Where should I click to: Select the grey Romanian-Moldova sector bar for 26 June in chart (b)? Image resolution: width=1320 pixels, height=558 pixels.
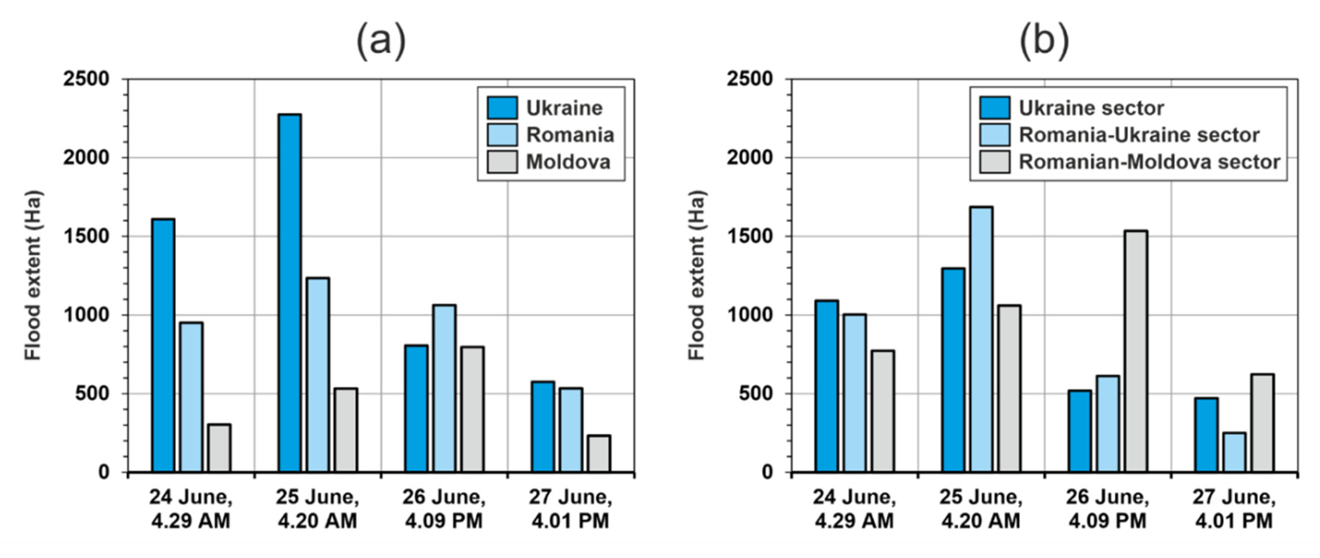click(x=1135, y=351)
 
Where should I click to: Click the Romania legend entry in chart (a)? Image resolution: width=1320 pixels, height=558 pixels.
click(x=570, y=135)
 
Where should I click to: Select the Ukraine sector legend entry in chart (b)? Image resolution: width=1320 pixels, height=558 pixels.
click(x=1091, y=108)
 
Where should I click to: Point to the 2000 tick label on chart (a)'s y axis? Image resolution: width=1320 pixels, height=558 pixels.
click(x=86, y=157)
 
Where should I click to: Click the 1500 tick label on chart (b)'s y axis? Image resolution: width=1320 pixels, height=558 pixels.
click(x=749, y=236)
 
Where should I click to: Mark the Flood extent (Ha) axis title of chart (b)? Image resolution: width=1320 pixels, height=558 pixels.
click(x=696, y=275)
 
